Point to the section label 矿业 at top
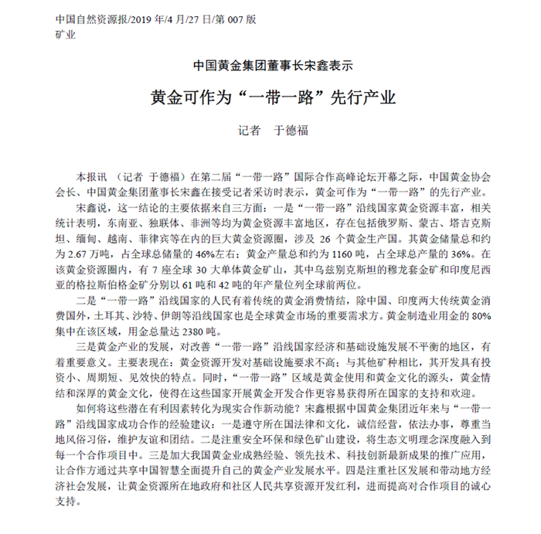[x=65, y=34]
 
